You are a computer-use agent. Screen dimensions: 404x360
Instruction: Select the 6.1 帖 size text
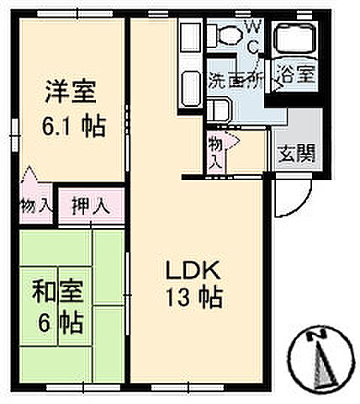click(x=74, y=128)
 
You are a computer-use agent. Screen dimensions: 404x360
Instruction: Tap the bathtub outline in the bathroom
click(x=296, y=40)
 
